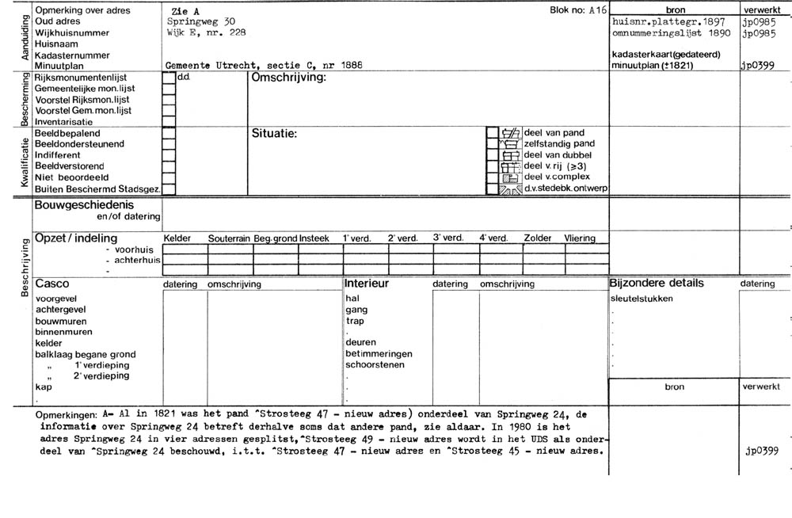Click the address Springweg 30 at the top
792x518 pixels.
tap(200, 21)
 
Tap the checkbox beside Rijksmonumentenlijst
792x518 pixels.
tap(169, 78)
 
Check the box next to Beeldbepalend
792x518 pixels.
tap(169, 134)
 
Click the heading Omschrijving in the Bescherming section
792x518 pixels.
tap(288, 78)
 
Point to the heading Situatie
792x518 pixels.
tap(274, 133)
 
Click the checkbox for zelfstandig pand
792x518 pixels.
tap(492, 144)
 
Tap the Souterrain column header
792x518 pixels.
tap(229, 238)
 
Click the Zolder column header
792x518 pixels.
tap(537, 238)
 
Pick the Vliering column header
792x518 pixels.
tap(579, 238)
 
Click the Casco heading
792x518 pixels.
tap(52, 284)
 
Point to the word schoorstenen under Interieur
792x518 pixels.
tap(375, 365)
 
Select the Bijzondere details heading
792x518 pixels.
tap(656, 284)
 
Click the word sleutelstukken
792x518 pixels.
tap(642, 299)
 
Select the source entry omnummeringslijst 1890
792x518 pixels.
tap(669, 33)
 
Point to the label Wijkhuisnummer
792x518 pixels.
tap(72, 33)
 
